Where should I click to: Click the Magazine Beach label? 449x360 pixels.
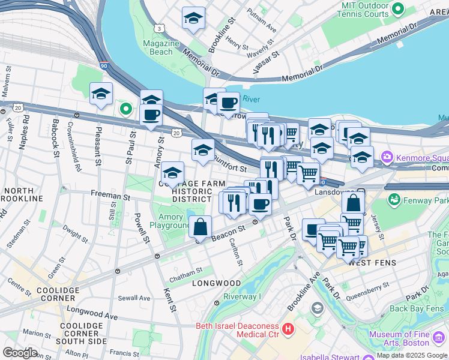pyautogui.click(x=161, y=47)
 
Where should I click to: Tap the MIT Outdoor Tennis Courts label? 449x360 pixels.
pyautogui.click(x=373, y=9)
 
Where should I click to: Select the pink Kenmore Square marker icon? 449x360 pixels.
pyautogui.click(x=387, y=157)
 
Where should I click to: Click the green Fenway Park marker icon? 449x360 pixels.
pyautogui.click(x=394, y=199)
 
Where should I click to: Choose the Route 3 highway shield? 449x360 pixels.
pyautogui.click(x=158, y=28)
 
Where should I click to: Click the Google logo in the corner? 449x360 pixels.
pyautogui.click(x=20, y=352)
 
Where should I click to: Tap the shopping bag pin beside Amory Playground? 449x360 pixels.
pyautogui.click(x=200, y=227)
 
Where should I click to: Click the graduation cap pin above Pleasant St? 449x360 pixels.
pyautogui.click(x=101, y=94)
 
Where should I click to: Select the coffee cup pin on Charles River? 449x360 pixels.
pyautogui.click(x=228, y=103)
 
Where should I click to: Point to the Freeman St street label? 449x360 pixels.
pyautogui.click(x=110, y=195)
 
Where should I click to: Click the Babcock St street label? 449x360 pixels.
pyautogui.click(x=56, y=143)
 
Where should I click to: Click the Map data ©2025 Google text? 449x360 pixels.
pyautogui.click(x=412, y=355)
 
